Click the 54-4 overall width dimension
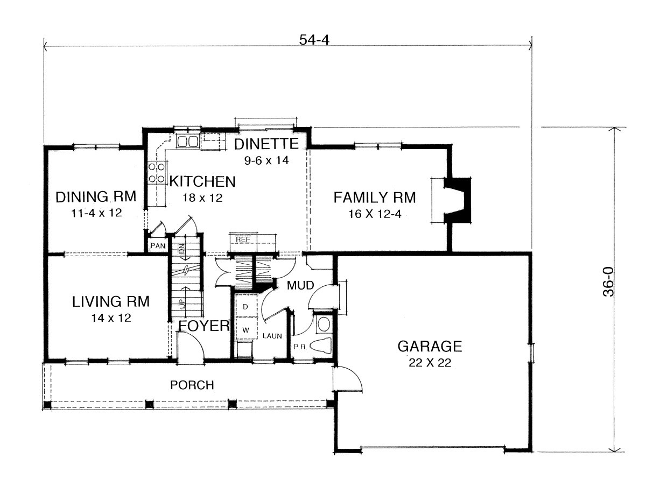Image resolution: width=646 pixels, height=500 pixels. [x=314, y=40]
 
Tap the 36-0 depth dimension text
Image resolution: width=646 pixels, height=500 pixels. [x=608, y=281]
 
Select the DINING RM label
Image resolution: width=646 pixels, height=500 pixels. [x=96, y=196]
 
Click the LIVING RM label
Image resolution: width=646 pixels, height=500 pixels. [x=110, y=302]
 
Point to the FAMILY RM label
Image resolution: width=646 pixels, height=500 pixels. [x=374, y=198]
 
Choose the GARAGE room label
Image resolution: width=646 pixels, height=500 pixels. [x=430, y=347]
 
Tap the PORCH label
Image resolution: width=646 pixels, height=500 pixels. [x=192, y=385]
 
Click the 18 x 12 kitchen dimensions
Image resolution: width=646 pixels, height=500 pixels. [x=202, y=198]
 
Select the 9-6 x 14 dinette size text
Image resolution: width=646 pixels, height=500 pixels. [x=266, y=160]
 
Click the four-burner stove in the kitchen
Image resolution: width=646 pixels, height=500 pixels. [x=157, y=173]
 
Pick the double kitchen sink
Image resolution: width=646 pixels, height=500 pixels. [x=187, y=141]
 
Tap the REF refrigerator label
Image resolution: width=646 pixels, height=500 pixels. [x=243, y=239]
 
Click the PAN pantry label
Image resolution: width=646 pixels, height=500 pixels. [x=158, y=245]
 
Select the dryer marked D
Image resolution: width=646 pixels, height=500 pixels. [x=246, y=307]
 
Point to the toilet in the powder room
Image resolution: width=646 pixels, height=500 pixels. [x=321, y=346]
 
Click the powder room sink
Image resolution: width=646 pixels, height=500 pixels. [x=324, y=325]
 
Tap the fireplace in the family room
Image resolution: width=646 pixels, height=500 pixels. [x=457, y=201]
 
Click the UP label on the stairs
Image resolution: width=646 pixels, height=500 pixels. [x=182, y=304]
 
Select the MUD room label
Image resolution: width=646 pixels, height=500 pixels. [x=300, y=285]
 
